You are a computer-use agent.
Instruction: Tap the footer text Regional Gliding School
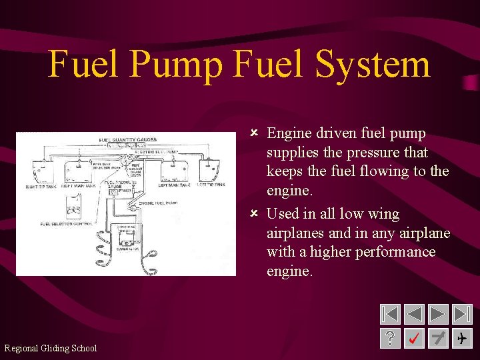coord(51,348)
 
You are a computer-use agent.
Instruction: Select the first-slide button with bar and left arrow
coord(390,314)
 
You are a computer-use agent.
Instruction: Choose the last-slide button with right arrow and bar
coord(462,314)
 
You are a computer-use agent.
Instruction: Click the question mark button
coord(390,338)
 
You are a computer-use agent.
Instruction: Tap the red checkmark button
coord(414,338)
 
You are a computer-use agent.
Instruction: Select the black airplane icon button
coord(462,338)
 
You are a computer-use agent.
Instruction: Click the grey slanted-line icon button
coord(438,338)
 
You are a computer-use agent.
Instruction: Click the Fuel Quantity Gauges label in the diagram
coord(128,140)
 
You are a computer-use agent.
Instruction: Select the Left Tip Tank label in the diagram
coord(211,185)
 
